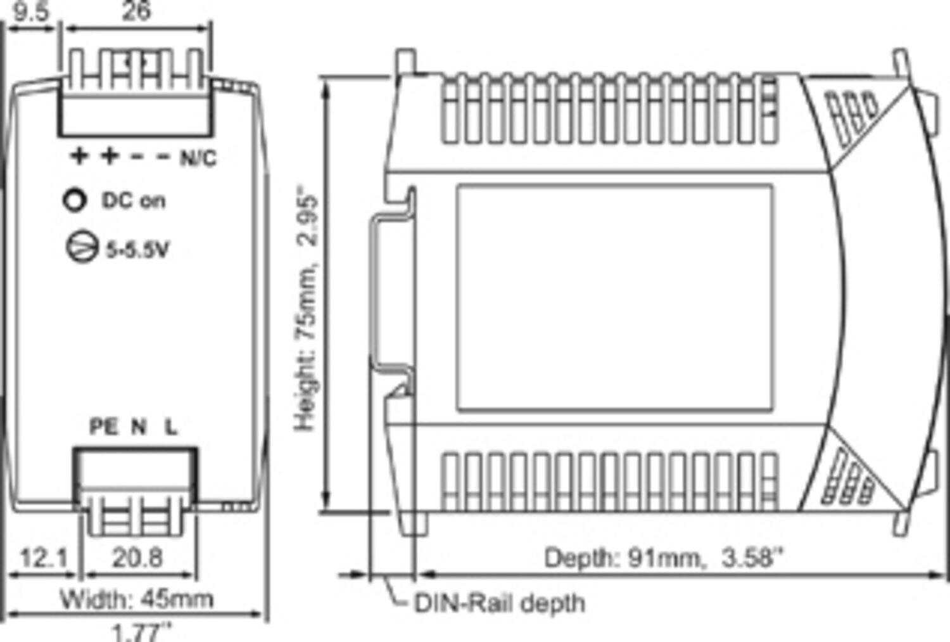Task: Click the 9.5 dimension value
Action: [30, 11]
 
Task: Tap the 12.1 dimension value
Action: [43, 558]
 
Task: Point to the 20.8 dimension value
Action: [137, 558]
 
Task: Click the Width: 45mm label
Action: [136, 598]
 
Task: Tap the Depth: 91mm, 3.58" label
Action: [664, 558]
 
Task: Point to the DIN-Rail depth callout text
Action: [499, 603]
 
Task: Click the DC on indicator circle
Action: [75, 200]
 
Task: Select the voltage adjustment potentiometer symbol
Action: [82, 247]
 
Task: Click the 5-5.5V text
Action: [137, 250]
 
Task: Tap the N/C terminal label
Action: [198, 158]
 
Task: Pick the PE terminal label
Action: [103, 427]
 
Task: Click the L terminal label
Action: [171, 427]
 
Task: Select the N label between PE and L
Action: [138, 427]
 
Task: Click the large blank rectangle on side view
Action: [614, 298]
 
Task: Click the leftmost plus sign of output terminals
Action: [79, 156]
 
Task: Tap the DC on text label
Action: [134, 201]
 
